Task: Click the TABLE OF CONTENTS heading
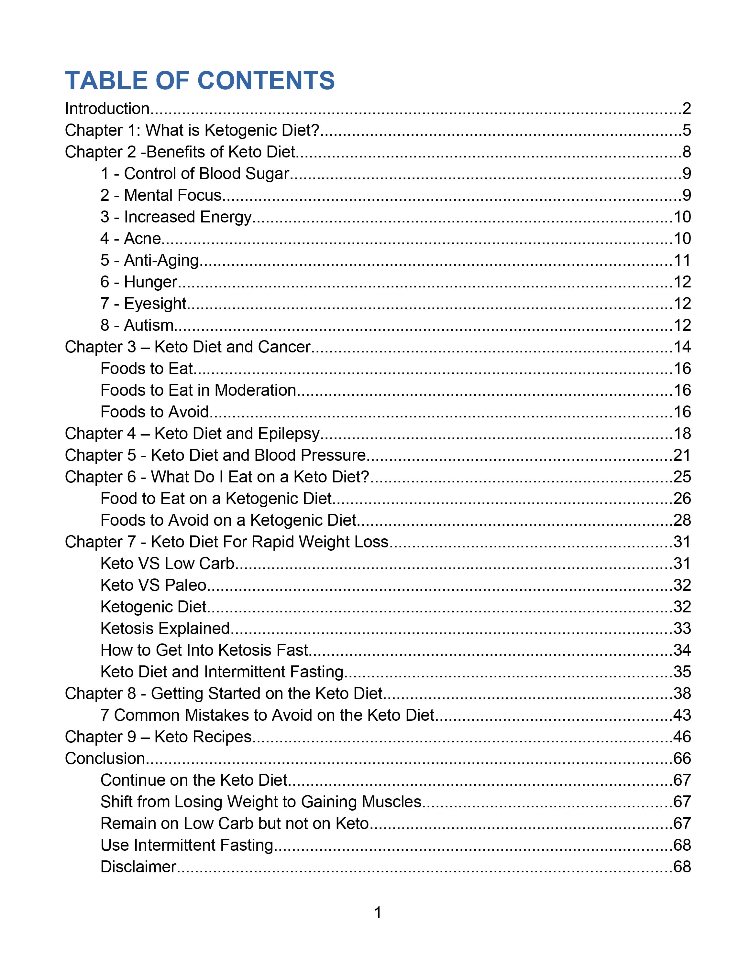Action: [200, 81]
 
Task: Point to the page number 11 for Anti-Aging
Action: [682, 260]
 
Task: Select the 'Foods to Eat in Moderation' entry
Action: [198, 390]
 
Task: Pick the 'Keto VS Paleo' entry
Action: [153, 585]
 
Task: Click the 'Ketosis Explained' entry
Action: [165, 629]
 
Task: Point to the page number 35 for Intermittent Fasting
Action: [682, 672]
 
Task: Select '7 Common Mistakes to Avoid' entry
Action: [267, 716]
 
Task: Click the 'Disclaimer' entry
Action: [138, 867]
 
